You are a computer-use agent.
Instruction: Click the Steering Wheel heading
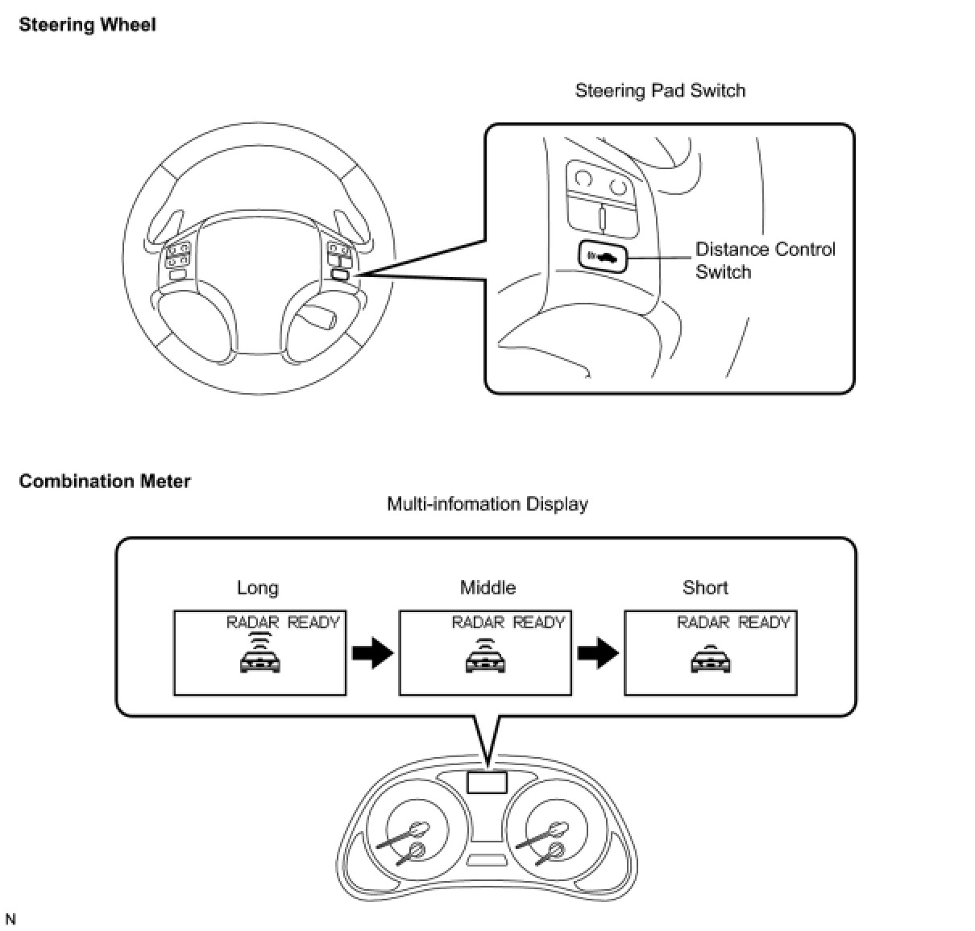click(87, 25)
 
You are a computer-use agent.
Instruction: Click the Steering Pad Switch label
click(660, 90)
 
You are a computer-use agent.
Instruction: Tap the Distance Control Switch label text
click(765, 260)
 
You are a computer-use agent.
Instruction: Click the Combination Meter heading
click(105, 482)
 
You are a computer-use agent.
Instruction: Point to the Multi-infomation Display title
click(487, 504)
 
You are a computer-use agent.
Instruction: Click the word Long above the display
click(258, 588)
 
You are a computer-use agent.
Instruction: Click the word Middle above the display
click(487, 588)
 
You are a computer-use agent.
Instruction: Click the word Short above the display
click(705, 588)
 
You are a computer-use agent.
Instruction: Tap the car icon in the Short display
click(710, 661)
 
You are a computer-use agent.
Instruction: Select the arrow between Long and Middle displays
click(372, 653)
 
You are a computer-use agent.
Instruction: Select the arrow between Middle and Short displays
click(597, 653)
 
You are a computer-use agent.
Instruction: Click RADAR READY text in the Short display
click(733, 623)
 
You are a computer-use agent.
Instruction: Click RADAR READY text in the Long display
click(283, 623)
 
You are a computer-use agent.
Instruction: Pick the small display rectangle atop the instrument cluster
click(487, 781)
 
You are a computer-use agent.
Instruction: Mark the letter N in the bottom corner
click(10, 919)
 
